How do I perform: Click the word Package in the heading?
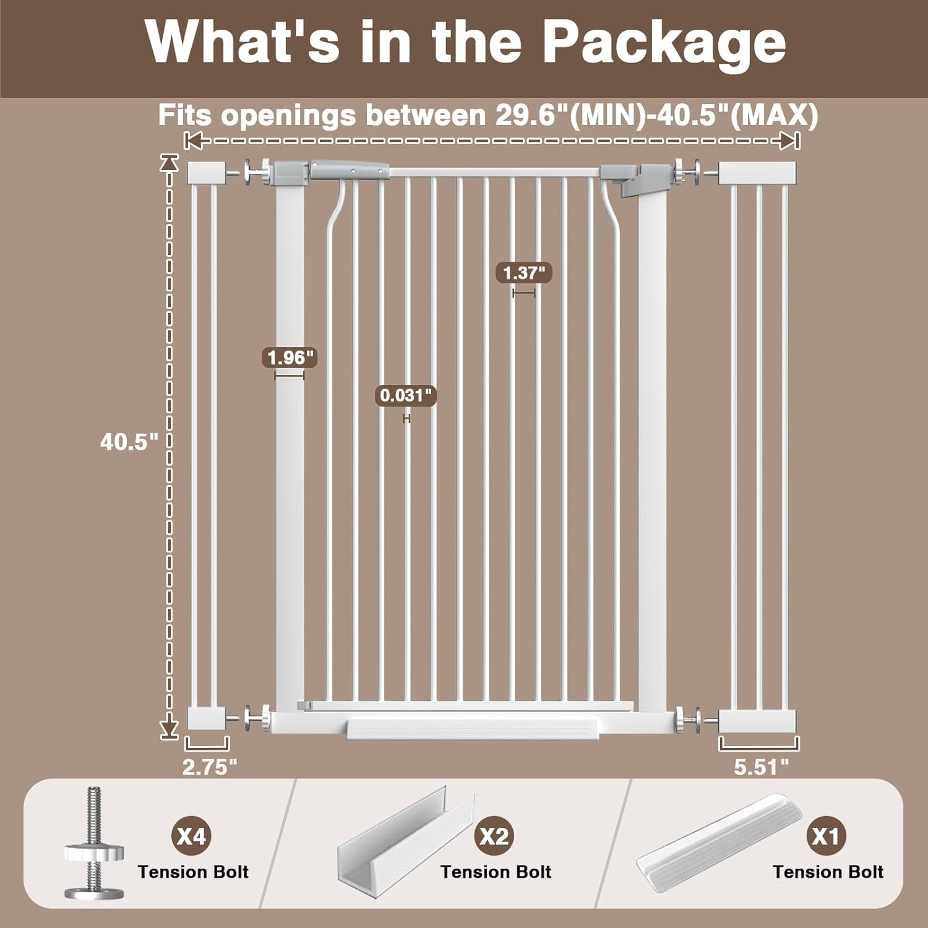click(x=664, y=43)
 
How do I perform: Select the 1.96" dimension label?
click(x=290, y=358)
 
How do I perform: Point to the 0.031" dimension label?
click(x=406, y=395)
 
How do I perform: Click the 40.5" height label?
click(x=129, y=442)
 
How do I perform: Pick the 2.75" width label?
click(x=210, y=767)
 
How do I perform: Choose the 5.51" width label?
click(x=762, y=767)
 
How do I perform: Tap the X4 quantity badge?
click(x=191, y=836)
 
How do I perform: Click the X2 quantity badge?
click(x=494, y=836)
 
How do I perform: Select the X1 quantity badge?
click(x=826, y=836)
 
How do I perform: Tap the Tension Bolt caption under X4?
click(x=193, y=872)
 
